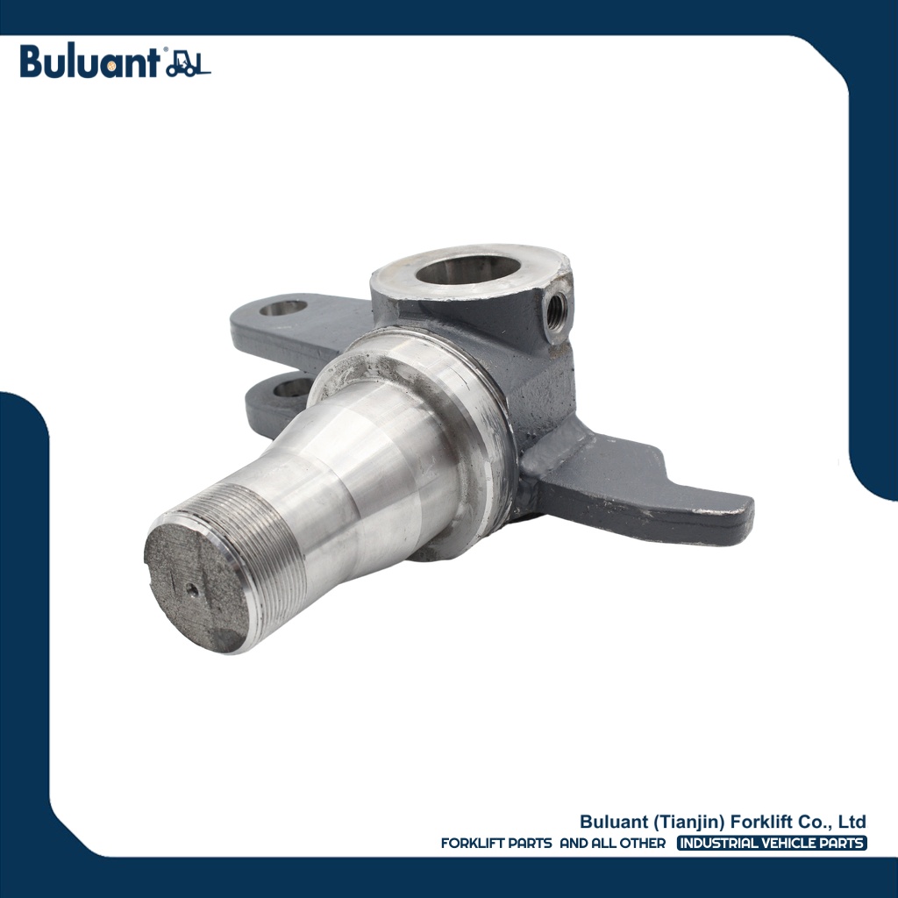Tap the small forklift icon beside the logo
coord(188,64)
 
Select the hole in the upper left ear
coord(283,308)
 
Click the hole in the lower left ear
coord(293,386)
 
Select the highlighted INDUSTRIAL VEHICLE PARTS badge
coord(773,844)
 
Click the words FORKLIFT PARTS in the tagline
coord(496,844)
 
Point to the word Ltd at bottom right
coord(852,822)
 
